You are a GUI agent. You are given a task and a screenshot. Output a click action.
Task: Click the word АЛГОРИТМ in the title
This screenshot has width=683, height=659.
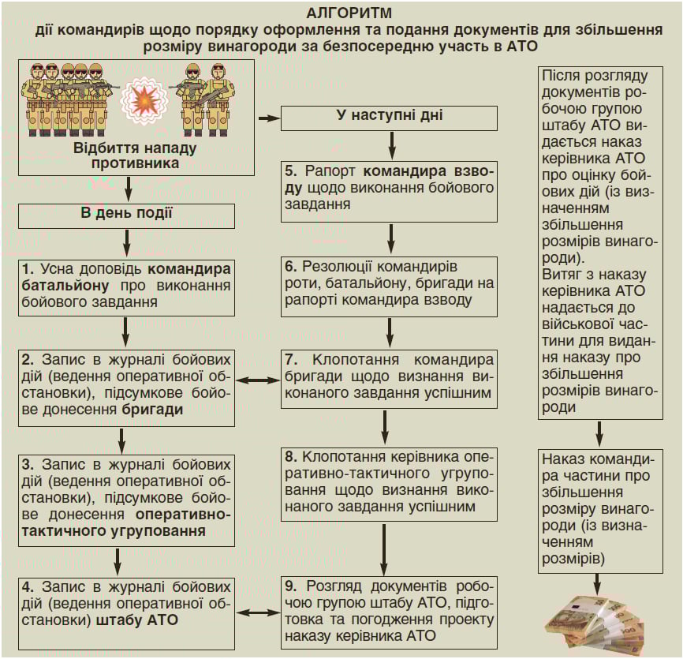(x=341, y=13)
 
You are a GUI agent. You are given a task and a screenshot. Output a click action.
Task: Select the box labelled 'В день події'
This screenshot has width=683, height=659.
(x=127, y=215)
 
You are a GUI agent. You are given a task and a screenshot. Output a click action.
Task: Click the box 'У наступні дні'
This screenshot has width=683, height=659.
(x=390, y=118)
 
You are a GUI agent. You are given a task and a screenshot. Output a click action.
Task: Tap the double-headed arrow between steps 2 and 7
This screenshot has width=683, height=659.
(x=259, y=380)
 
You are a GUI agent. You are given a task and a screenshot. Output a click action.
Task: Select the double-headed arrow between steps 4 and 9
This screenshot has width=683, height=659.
(x=259, y=612)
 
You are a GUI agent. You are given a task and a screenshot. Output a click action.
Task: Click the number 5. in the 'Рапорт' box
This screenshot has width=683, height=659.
(x=290, y=171)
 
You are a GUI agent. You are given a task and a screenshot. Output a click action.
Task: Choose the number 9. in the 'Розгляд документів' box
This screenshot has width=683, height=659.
(x=290, y=587)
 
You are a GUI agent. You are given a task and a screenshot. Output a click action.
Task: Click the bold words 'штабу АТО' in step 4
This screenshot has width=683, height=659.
(x=137, y=620)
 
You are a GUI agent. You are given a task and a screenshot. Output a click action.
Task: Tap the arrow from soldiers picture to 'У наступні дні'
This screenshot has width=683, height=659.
(x=269, y=118)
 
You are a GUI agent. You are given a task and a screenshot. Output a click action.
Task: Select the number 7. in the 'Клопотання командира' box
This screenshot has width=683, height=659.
(x=290, y=359)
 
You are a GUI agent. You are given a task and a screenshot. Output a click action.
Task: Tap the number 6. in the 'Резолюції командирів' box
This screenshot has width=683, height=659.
(x=290, y=267)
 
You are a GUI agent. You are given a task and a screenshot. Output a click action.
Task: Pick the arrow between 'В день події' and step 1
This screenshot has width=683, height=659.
(x=126, y=241)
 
